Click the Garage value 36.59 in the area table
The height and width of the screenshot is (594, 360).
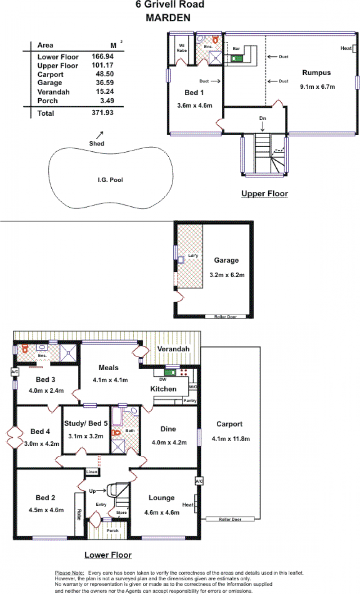click(105, 83)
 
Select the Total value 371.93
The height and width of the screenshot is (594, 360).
click(103, 113)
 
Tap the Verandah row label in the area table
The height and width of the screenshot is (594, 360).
click(54, 92)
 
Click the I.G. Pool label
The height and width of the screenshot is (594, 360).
click(110, 180)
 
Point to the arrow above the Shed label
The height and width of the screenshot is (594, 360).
click(100, 135)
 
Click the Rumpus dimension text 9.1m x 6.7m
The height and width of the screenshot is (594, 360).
click(317, 87)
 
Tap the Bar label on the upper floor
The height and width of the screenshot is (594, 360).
click(236, 49)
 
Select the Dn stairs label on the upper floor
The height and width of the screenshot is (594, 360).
click(262, 118)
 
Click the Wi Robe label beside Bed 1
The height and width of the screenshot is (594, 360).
click(182, 48)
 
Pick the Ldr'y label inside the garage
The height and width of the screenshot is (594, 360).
click(193, 256)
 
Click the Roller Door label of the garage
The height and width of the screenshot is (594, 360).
click(225, 317)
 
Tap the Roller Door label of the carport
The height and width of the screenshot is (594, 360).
click(230, 519)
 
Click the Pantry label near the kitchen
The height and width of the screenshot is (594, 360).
click(190, 400)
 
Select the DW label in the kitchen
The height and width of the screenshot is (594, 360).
click(162, 380)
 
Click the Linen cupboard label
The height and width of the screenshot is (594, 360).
click(92, 472)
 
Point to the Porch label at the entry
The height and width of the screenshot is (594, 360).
click(112, 531)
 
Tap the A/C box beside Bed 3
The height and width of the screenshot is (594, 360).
click(15, 372)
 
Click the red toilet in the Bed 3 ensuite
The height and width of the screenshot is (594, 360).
click(25, 349)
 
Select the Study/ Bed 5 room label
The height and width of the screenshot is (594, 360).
click(86, 423)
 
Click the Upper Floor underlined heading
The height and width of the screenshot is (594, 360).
click(265, 194)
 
